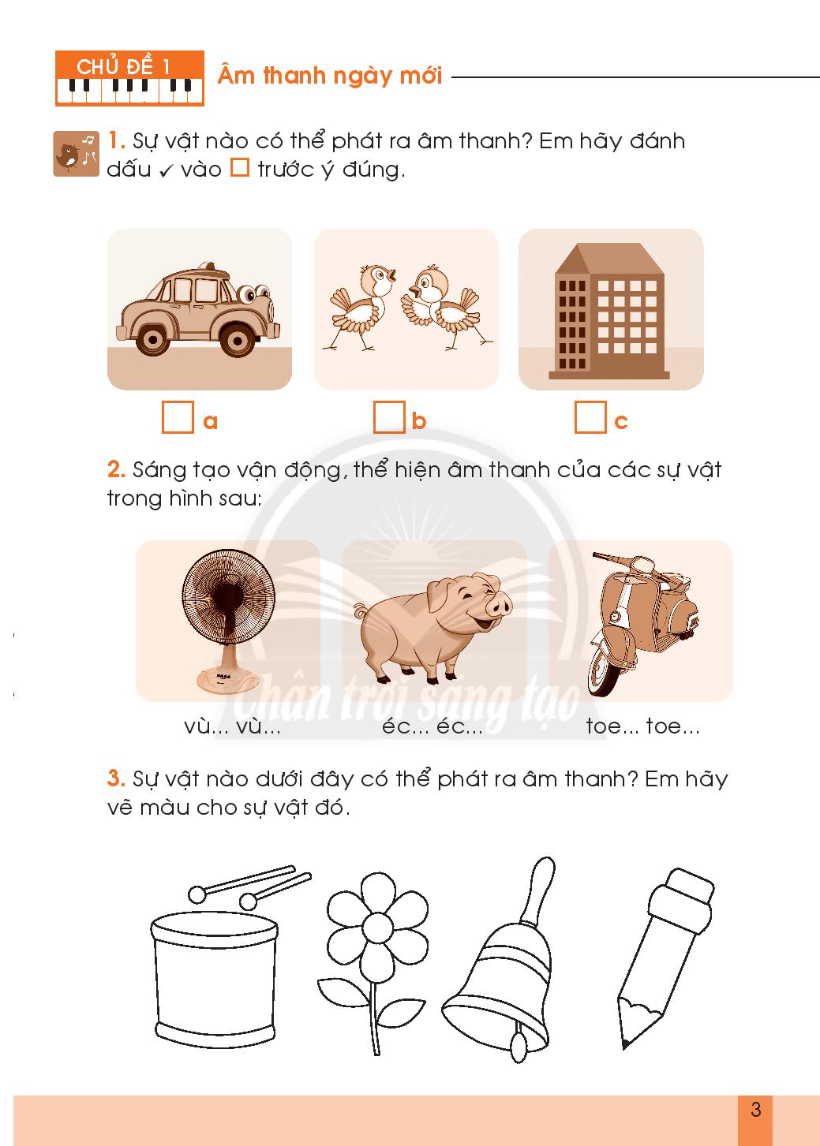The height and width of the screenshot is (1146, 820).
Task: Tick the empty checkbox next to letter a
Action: (x=178, y=417)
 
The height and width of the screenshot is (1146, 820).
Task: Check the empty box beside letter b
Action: (x=389, y=417)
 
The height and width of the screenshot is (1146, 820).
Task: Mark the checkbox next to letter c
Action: (x=590, y=417)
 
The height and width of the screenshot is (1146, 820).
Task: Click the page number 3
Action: (x=755, y=1109)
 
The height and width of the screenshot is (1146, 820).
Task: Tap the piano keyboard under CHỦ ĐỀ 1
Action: (x=129, y=91)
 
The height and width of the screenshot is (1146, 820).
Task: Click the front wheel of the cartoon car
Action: (x=238, y=339)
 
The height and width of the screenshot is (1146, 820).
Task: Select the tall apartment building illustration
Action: (x=609, y=311)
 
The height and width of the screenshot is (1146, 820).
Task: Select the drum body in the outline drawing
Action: (x=215, y=978)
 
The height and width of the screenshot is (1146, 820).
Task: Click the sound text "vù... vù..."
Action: (x=232, y=726)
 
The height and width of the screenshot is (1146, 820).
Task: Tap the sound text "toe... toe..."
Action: (x=643, y=726)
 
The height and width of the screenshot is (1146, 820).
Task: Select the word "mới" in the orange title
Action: (x=421, y=76)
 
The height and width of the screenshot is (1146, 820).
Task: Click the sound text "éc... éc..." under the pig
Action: (x=432, y=726)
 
